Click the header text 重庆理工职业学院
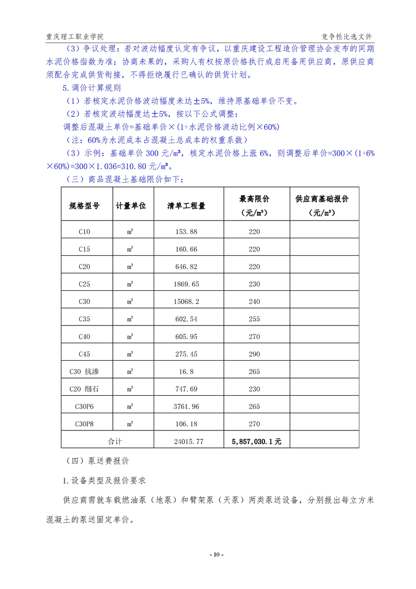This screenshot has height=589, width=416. coord(74,37)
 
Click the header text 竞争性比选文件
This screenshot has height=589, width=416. coord(346,37)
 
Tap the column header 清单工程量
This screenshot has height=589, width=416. coord(186,206)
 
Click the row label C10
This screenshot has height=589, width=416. coord(84,232)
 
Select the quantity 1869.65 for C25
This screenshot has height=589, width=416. coord(186,284)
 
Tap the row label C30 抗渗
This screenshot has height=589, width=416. coord(84,371)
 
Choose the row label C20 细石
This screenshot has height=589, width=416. coord(84,389)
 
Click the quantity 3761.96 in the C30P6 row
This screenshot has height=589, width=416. coord(186,406)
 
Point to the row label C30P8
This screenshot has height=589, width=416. coord(84,424)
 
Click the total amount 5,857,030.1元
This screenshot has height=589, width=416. coord(257,441)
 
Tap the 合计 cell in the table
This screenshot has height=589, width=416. coord(114,441)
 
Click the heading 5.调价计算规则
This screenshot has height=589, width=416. coord(92,88)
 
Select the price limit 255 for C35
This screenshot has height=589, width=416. coord(254,319)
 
